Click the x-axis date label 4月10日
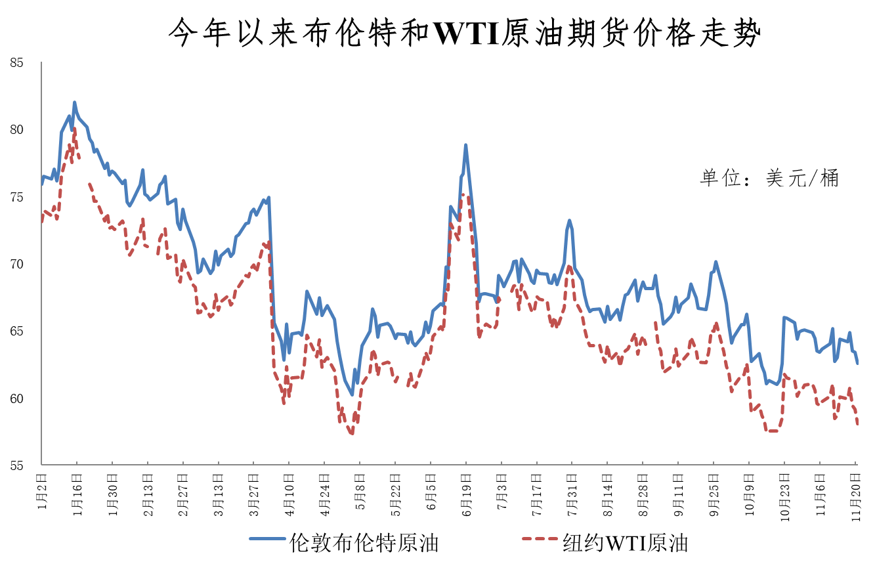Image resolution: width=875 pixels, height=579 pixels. [x=289, y=492]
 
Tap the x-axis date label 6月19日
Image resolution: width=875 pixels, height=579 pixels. [x=465, y=492]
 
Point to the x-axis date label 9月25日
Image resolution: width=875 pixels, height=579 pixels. [x=714, y=492]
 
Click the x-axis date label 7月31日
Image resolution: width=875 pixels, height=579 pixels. [x=572, y=492]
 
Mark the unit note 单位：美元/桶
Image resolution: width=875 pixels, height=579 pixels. [x=769, y=178]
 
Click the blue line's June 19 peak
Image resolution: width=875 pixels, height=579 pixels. [x=465, y=145]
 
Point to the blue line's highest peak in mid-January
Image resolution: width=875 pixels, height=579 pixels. [x=74, y=102]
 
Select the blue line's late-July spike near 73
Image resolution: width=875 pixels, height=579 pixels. [x=570, y=221]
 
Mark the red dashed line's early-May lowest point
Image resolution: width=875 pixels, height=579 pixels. [x=352, y=433]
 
